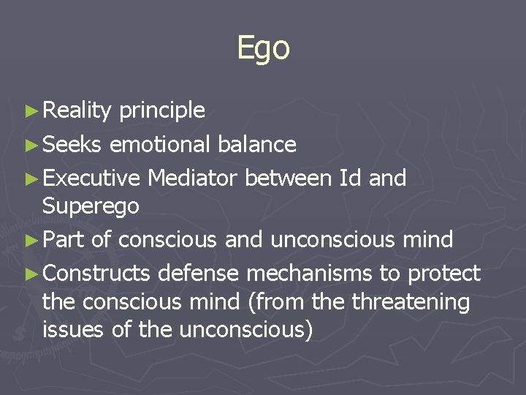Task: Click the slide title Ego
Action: click(263, 48)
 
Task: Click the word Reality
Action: click(77, 110)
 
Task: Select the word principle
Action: click(161, 110)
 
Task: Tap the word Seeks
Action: click(72, 144)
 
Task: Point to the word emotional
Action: click(160, 144)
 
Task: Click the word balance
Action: click(257, 144)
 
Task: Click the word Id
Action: click(350, 177)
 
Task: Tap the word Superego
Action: click(91, 206)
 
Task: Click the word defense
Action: click(199, 274)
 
